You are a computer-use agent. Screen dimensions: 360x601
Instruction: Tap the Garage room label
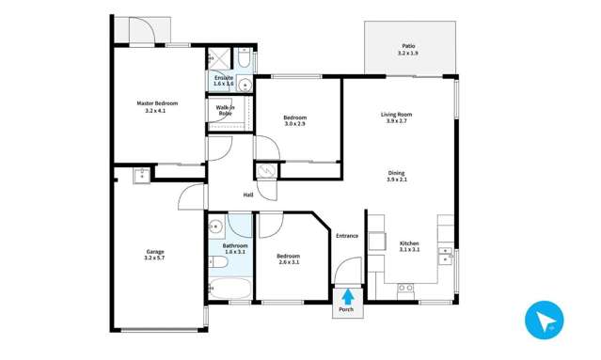pos(155,252)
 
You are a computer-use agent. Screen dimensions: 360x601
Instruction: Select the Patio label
pos(408,45)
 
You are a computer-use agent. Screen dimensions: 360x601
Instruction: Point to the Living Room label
pos(396,115)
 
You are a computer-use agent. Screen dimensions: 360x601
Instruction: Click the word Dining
pos(396,173)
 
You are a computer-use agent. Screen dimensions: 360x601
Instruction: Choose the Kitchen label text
pos(409,243)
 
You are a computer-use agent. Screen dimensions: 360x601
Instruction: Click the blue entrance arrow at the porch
pos(347,295)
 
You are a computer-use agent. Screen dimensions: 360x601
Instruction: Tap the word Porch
pos(347,309)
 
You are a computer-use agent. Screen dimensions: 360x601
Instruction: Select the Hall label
pos(248,195)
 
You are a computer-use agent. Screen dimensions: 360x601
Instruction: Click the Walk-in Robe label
pos(226,111)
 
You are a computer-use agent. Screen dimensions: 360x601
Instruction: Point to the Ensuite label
pos(224,78)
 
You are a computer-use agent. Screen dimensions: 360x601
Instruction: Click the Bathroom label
pos(235,245)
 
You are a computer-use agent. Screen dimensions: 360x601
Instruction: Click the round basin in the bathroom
pos(214,226)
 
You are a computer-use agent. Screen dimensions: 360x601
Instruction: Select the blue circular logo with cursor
pos(544,321)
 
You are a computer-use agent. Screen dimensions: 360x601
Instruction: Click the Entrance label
pos(347,235)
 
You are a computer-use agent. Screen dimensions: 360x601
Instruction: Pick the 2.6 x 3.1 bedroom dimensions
pos(288,263)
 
